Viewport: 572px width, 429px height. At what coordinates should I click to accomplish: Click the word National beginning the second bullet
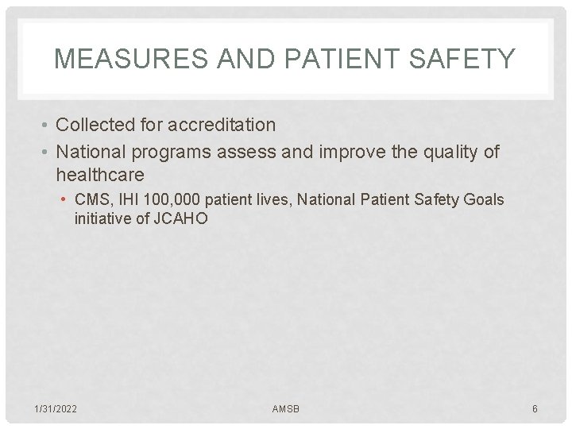click(x=95, y=152)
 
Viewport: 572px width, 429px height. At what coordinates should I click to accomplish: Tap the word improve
click(x=353, y=152)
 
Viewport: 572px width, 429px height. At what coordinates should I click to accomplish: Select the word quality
click(x=447, y=152)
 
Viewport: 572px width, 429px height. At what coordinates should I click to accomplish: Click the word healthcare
click(x=100, y=174)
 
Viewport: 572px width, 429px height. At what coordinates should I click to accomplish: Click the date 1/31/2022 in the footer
click(x=56, y=408)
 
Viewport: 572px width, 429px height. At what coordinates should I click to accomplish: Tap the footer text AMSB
click(x=286, y=408)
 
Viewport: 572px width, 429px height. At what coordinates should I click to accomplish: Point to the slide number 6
click(x=535, y=408)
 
